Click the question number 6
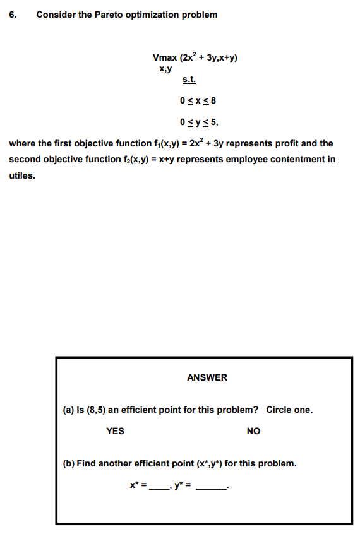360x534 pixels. tap(13, 15)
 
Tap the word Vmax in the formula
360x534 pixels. tap(165, 58)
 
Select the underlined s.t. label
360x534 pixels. tap(189, 80)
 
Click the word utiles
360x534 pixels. tap(22, 175)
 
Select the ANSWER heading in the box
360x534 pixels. tap(207, 377)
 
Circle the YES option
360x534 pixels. tap(115, 431)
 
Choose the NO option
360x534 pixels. tap(253, 431)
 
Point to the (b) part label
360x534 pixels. tap(69, 463)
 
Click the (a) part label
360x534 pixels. tap(69, 410)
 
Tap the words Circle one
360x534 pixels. tap(289, 410)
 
